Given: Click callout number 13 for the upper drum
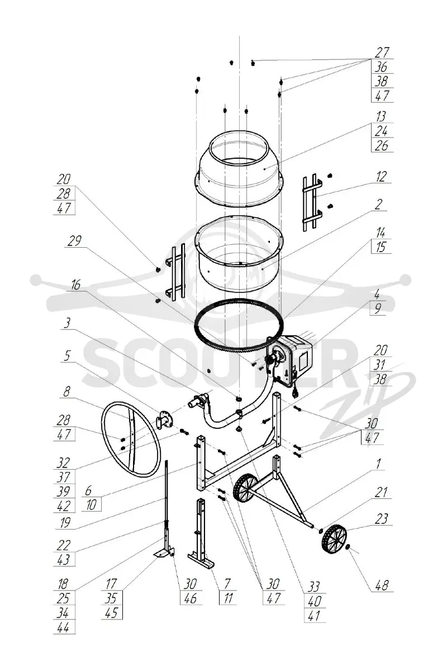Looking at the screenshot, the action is coord(381,116).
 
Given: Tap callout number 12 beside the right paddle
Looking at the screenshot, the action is coord(381,176).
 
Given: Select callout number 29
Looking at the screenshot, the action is coord(74,240).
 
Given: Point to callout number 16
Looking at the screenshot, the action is coord(76,285).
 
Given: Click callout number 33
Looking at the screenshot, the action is coord(313,587).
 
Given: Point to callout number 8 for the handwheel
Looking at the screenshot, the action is coord(67,391).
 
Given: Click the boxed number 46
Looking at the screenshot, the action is coord(190,598).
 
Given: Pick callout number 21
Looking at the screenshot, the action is coord(381,492).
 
